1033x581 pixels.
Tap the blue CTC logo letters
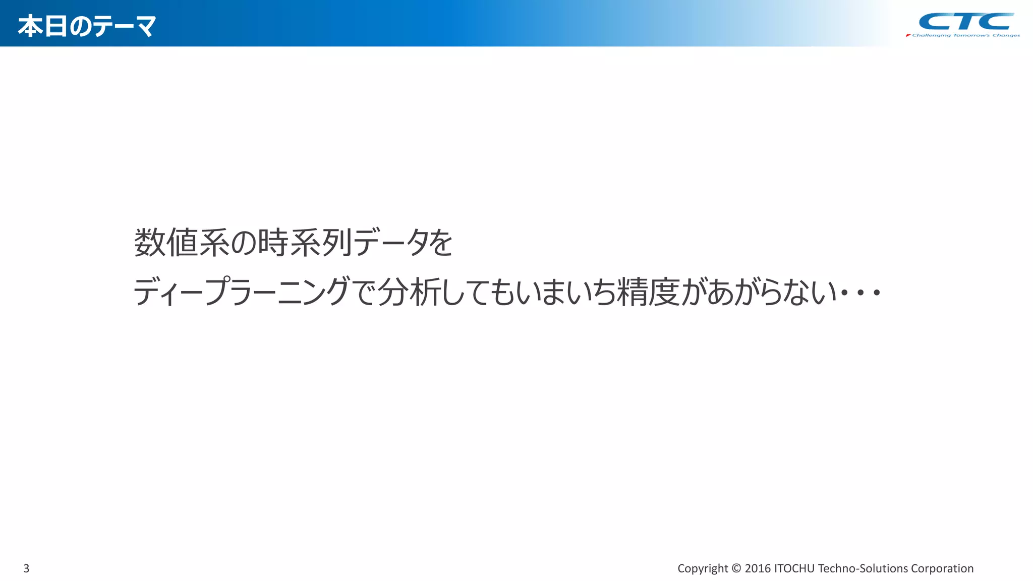(965, 22)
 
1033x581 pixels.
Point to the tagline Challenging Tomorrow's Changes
(965, 35)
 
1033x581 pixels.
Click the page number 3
(26, 568)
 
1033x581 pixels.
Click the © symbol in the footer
(736, 568)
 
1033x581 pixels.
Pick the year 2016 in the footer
(758, 568)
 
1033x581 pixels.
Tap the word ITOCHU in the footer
(794, 568)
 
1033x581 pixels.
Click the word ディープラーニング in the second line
(242, 292)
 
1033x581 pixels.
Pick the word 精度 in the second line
(648, 292)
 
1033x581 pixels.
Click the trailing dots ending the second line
(860, 293)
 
